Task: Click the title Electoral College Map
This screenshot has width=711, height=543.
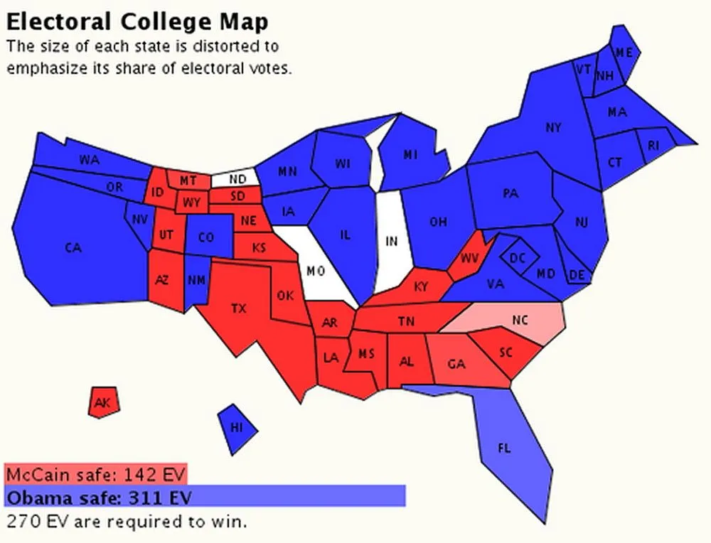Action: pyautogui.click(x=137, y=21)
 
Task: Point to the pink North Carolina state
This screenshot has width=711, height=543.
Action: pyautogui.click(x=515, y=320)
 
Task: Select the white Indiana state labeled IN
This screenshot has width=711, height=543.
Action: pyautogui.click(x=391, y=241)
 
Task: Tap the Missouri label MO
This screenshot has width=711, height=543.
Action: pyautogui.click(x=315, y=271)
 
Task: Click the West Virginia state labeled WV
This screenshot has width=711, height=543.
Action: pyautogui.click(x=469, y=257)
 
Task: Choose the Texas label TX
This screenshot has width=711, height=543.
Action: pyautogui.click(x=240, y=308)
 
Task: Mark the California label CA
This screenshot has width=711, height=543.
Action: pyautogui.click(x=73, y=248)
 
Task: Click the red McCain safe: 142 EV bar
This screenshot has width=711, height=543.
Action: pyautogui.click(x=96, y=473)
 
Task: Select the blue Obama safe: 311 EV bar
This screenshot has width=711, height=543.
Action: pyautogui.click(x=204, y=495)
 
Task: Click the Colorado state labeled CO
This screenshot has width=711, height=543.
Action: pyautogui.click(x=205, y=238)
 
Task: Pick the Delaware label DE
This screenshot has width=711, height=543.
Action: pyautogui.click(x=578, y=275)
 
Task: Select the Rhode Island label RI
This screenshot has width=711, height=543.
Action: pyautogui.click(x=653, y=146)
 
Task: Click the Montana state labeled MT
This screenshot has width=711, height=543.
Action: pyautogui.click(x=188, y=181)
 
